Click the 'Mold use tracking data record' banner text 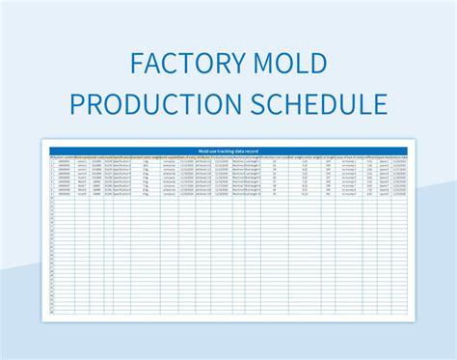click(x=228, y=151)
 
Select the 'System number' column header click(x=62, y=157)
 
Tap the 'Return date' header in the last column click(x=399, y=157)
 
